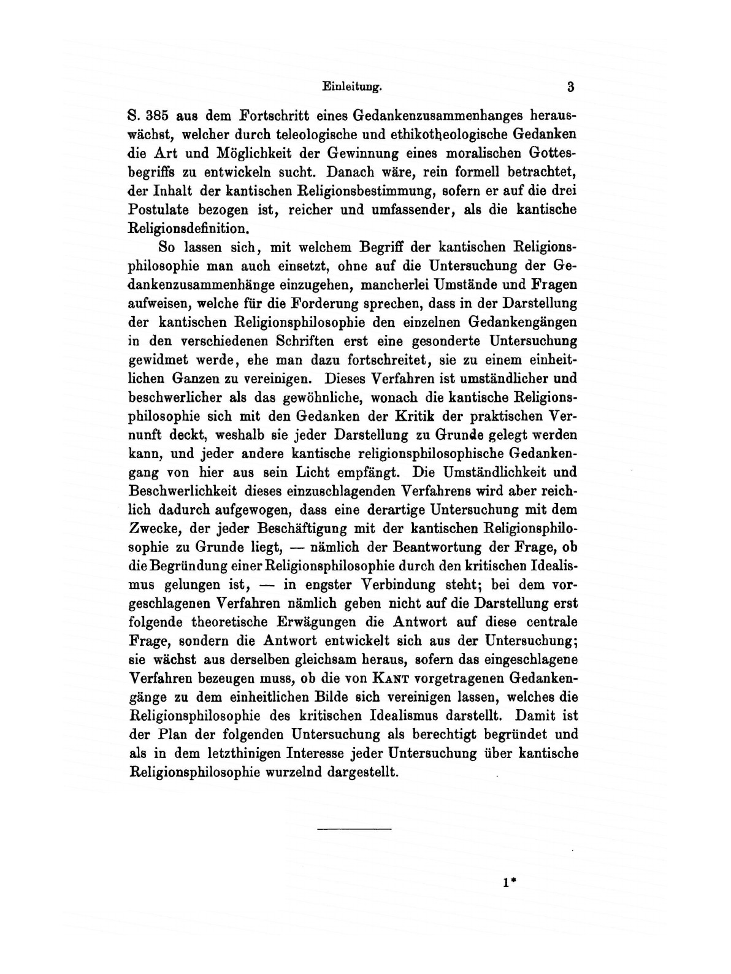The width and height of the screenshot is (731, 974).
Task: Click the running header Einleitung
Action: point(351,87)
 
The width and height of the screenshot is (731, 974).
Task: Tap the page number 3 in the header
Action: point(570,87)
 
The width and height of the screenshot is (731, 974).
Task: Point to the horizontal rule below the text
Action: point(354,830)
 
